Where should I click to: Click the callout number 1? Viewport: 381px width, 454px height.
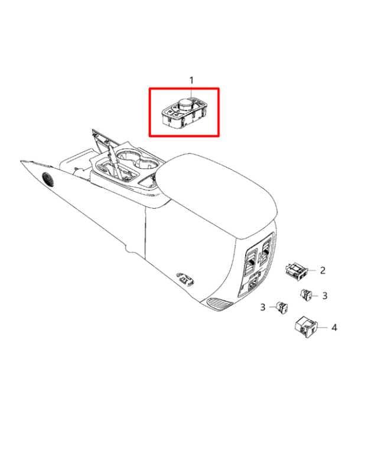point(191,80)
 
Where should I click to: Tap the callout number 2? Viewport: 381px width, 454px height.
point(323,271)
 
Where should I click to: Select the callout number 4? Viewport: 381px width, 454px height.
point(334,327)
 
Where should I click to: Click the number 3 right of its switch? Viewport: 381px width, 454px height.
point(324,296)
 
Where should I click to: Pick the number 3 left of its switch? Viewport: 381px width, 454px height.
point(263,307)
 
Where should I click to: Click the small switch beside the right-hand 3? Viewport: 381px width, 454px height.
point(308,294)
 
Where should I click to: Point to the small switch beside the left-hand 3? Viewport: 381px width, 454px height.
point(283,306)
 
